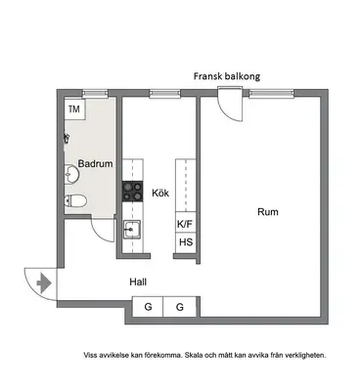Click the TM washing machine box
click(x=74, y=109)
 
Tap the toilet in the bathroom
click(x=75, y=200)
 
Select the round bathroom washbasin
click(x=71, y=174)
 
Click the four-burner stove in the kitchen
click(x=133, y=191)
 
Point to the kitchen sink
click(x=132, y=230)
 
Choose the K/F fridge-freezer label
click(x=185, y=224)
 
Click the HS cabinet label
click(x=186, y=242)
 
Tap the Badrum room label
click(x=95, y=163)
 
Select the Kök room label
click(x=160, y=193)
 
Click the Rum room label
click(x=268, y=212)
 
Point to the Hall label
click(x=138, y=282)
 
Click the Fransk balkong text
click(x=227, y=76)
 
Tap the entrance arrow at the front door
click(x=44, y=283)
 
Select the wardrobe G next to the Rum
click(x=180, y=307)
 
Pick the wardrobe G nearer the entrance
click(x=148, y=307)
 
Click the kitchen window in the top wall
click(x=164, y=94)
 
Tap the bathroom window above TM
click(x=95, y=94)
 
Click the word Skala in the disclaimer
click(x=193, y=355)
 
